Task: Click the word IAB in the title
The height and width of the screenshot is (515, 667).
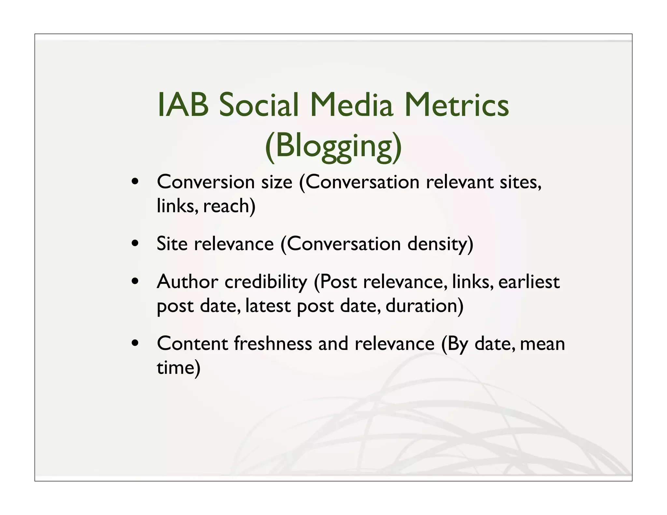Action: [x=183, y=105]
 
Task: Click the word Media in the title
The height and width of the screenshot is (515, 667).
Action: [x=351, y=105]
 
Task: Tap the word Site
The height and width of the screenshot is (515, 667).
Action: [x=172, y=244]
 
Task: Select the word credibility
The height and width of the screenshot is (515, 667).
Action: [x=266, y=282]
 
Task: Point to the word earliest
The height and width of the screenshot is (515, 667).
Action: [x=529, y=282]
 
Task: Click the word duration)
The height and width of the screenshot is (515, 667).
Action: [x=424, y=306]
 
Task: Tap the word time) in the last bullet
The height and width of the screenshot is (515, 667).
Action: [x=178, y=368]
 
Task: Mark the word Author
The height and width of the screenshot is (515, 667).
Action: [x=187, y=282]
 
